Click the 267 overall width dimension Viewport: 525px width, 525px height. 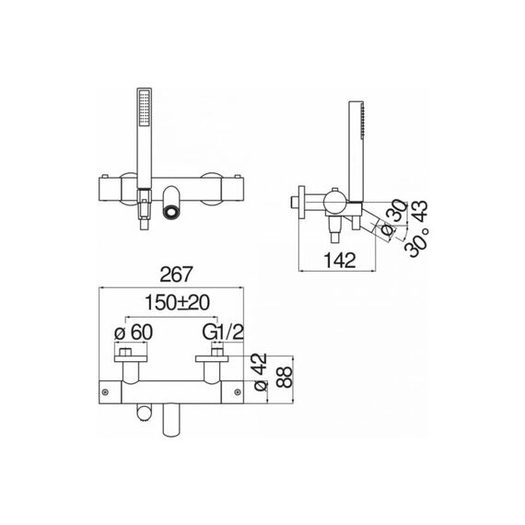(176, 274)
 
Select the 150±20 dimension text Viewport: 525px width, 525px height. (177, 303)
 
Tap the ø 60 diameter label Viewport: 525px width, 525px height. (134, 332)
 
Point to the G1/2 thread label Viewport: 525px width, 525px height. (223, 332)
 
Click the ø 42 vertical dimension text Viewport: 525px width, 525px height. (261, 372)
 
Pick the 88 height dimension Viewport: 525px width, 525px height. (286, 378)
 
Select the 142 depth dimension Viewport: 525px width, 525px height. (340, 260)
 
